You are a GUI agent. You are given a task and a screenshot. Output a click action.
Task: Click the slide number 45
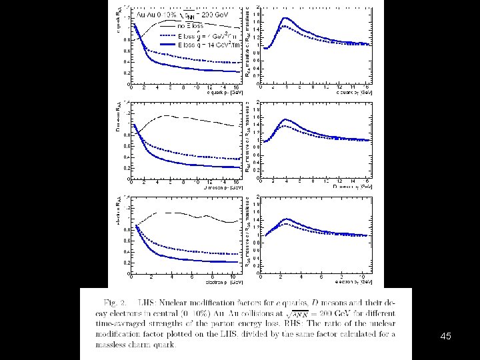pyautogui.click(x=446, y=337)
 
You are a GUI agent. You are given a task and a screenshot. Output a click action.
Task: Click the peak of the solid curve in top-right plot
pyautogui.click(x=285, y=18)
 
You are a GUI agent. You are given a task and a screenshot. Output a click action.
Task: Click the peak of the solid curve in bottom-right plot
pyautogui.click(x=285, y=219)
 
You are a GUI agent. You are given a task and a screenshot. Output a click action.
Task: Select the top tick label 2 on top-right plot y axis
pyautogui.click(x=258, y=7)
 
